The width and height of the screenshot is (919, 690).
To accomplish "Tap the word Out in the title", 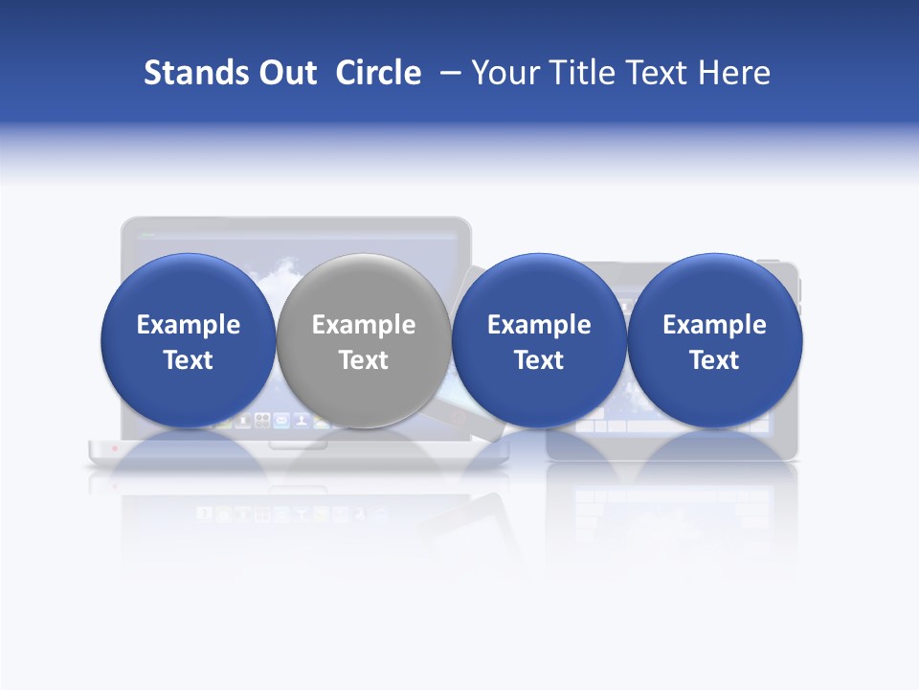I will (x=284, y=73).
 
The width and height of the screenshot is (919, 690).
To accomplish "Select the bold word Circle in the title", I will (x=378, y=73).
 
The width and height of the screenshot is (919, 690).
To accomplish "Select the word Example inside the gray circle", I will (x=364, y=325).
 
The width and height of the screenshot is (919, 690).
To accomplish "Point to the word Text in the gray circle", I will (x=364, y=360).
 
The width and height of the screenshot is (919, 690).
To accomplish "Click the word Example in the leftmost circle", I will (x=188, y=325).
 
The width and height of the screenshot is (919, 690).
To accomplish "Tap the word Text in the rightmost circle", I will (x=714, y=360).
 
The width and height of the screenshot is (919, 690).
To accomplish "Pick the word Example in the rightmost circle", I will (x=714, y=325).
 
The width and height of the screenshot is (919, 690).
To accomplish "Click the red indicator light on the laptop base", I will (x=115, y=448).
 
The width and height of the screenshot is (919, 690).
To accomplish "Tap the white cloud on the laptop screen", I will (x=278, y=278).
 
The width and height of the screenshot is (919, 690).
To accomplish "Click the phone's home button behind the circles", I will (x=459, y=418).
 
